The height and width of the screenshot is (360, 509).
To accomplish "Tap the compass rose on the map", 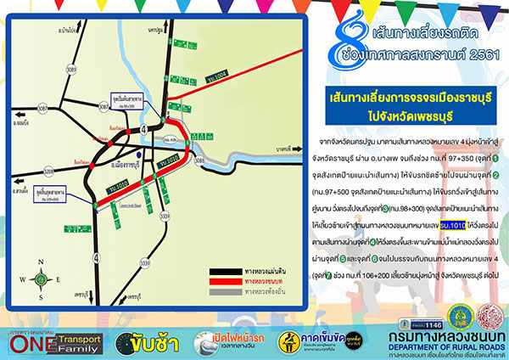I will [x=42, y=278].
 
